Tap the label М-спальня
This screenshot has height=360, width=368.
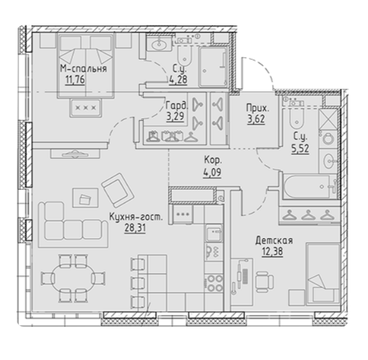(83, 69)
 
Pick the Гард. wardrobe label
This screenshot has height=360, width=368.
(175, 105)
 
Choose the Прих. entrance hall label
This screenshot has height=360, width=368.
(259, 109)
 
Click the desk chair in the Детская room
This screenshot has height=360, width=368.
(262, 279)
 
